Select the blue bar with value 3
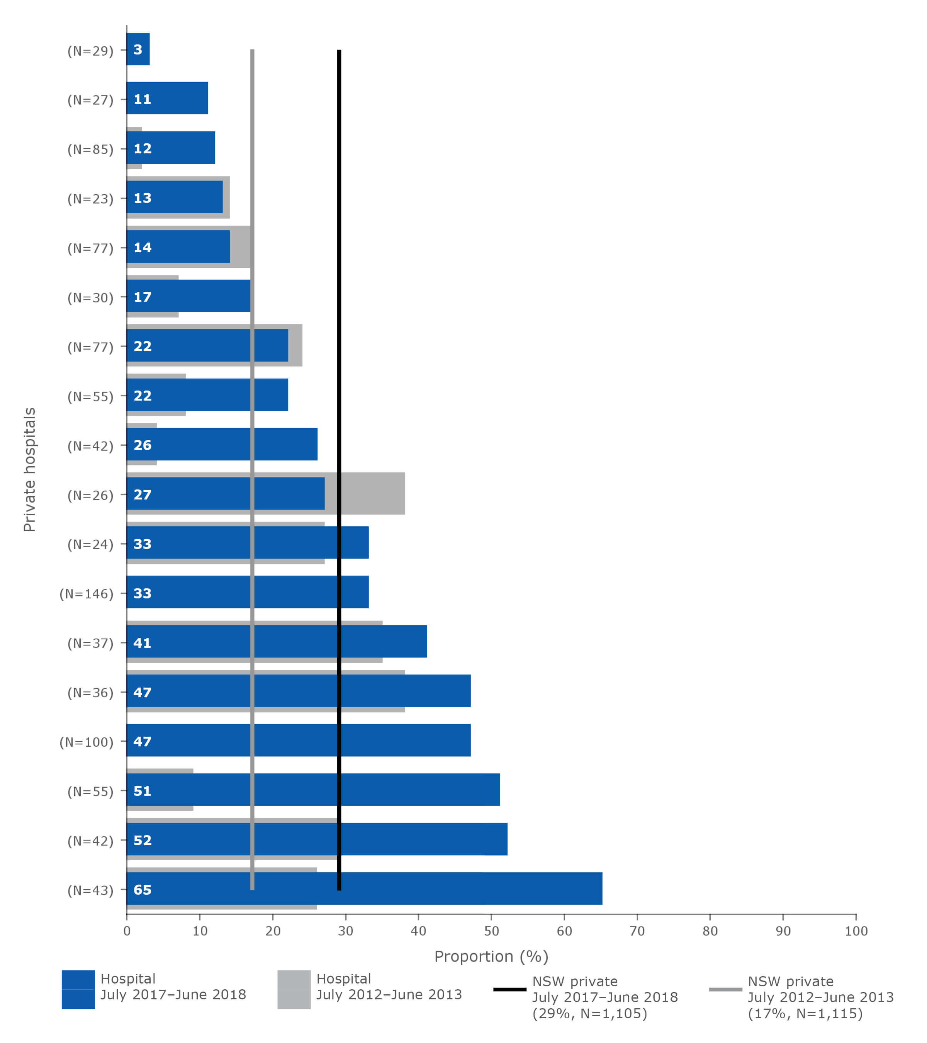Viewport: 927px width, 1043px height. pos(138,49)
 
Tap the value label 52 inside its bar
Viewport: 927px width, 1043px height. pos(143,840)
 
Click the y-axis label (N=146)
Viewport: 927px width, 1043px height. pos(86,593)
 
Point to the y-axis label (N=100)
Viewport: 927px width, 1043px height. pos(86,741)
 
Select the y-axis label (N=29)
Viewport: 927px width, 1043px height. pos(90,51)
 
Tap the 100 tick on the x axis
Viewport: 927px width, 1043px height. pos(856,931)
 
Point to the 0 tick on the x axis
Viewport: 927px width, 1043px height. pos(127,931)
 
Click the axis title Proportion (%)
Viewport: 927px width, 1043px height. pos(491,956)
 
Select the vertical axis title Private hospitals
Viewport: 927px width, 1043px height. pos(30,469)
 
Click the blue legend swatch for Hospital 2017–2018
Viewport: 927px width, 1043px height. pos(78,989)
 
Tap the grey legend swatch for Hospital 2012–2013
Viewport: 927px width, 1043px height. pos(294,989)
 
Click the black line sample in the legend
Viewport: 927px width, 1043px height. pos(510,989)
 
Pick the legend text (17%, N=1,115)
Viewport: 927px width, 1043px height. pos(805,1013)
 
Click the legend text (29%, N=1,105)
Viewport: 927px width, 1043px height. pos(589,1013)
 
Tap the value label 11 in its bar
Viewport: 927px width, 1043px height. pos(143,99)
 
